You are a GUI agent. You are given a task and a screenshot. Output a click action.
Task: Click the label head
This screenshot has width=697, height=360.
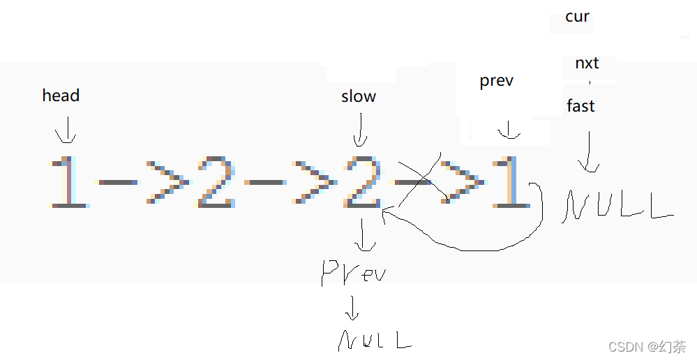[61, 96]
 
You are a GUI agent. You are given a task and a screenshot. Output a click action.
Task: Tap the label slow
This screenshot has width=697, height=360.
[359, 96]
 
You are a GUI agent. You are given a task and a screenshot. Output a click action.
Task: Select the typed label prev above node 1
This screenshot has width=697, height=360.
[497, 81]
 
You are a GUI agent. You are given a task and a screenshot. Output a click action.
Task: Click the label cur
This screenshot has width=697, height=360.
[577, 17]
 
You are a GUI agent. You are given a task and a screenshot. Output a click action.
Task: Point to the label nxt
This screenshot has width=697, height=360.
[587, 63]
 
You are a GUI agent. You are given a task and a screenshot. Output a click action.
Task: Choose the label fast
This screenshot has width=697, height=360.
[580, 106]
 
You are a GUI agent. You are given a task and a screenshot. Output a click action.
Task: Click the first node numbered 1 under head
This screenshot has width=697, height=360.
[69, 183]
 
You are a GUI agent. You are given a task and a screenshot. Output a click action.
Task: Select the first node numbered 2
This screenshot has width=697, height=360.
[217, 183]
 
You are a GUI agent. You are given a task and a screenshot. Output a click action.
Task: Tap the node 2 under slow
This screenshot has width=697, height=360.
[362, 183]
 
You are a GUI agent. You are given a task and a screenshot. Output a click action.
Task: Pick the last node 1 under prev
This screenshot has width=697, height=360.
[511, 183]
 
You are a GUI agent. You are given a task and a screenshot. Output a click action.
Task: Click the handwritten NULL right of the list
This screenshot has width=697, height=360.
[617, 206]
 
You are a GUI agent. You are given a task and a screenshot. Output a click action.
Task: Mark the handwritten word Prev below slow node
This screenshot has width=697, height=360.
[353, 272]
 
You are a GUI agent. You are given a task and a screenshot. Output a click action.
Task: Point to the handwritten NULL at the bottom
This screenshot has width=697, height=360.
[374, 340]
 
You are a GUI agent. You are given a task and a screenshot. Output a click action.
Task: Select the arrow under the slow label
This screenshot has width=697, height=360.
[360, 131]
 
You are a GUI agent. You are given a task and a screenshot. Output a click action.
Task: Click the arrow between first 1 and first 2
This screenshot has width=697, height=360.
[143, 183]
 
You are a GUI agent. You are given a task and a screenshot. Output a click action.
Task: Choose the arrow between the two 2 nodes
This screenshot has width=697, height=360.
[290, 183]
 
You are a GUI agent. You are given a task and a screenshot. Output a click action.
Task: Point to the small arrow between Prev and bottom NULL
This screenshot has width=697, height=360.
[353, 308]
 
